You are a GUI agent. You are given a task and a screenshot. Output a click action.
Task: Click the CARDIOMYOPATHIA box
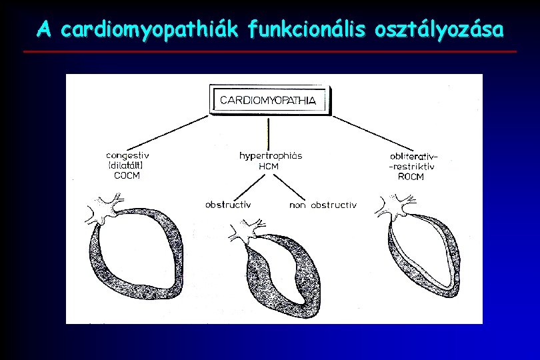tap(269, 101)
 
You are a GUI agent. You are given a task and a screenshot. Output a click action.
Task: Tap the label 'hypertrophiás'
tap(270, 156)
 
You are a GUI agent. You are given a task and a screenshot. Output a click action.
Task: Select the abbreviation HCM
tap(269, 167)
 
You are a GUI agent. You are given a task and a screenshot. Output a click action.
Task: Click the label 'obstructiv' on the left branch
tap(228, 205)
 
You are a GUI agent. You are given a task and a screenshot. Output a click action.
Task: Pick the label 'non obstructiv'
tap(323, 205)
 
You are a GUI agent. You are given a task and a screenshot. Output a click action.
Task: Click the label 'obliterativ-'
tap(414, 157)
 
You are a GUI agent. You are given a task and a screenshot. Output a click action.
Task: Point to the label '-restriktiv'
tap(412, 167)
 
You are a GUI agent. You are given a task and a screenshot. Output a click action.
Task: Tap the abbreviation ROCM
tap(409, 177)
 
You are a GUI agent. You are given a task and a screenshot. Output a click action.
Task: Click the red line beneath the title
tap(269, 51)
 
